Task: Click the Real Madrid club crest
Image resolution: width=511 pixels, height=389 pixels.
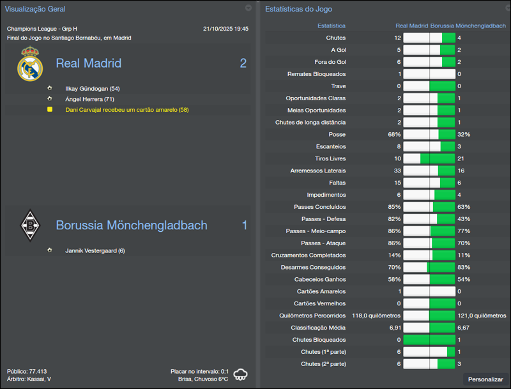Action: pyautogui.click(x=29, y=64)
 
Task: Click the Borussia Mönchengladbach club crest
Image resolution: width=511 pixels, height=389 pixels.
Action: pyautogui.click(x=29, y=225)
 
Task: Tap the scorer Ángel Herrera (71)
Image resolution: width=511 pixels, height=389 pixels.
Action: pyautogui.click(x=89, y=99)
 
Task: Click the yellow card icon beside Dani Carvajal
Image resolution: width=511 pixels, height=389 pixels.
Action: pyautogui.click(x=49, y=109)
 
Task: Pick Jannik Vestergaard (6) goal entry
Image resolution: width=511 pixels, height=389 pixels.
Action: pyautogui.click(x=95, y=250)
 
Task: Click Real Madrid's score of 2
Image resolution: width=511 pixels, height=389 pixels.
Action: pyautogui.click(x=243, y=63)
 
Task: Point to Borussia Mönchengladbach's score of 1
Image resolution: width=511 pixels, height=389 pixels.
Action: pyautogui.click(x=244, y=225)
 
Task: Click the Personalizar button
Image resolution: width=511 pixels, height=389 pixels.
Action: pyautogui.click(x=485, y=379)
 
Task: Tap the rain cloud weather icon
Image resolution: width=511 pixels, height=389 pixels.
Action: pyautogui.click(x=241, y=374)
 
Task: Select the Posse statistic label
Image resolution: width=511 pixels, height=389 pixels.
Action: pyautogui.click(x=337, y=134)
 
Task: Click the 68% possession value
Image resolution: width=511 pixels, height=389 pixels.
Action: pyautogui.click(x=394, y=134)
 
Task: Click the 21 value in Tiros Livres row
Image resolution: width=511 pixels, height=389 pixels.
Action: pyautogui.click(x=461, y=158)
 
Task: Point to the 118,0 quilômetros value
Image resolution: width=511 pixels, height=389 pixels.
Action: pyautogui.click(x=376, y=315)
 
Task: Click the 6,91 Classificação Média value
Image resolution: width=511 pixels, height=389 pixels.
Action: pyautogui.click(x=395, y=327)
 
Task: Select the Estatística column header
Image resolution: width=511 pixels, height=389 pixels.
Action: pyautogui.click(x=332, y=26)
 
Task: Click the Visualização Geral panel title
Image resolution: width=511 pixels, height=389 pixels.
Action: pyautogui.click(x=35, y=9)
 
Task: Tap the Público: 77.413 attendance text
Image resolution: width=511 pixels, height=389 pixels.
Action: pyautogui.click(x=27, y=371)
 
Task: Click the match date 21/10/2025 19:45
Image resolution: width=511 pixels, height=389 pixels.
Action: pyautogui.click(x=225, y=29)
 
